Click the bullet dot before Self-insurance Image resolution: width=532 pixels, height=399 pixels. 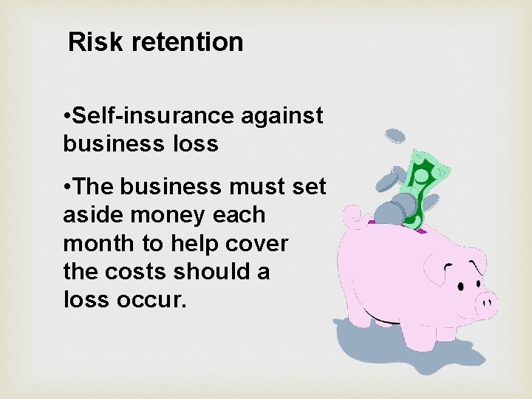pos(67,117)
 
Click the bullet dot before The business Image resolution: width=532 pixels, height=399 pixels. pos(67,188)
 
